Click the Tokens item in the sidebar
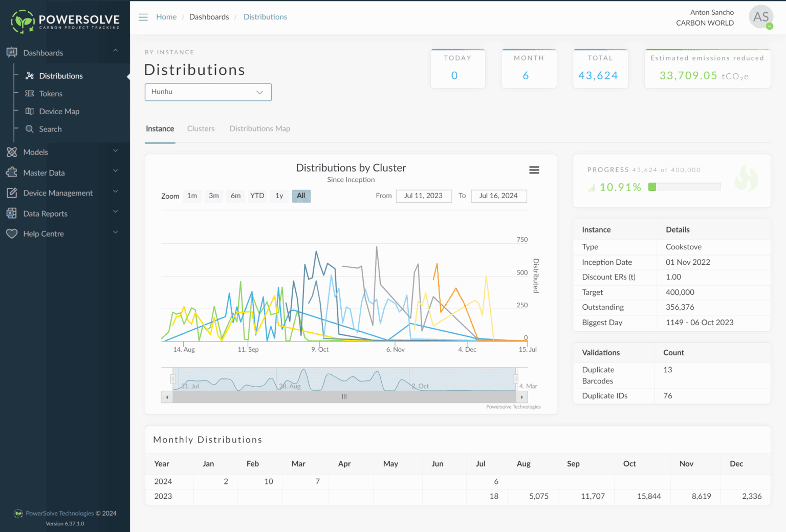[x=51, y=94]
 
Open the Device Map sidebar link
[x=59, y=112]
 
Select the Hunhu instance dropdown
[x=208, y=92]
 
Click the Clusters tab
[x=201, y=129]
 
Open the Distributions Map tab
[x=259, y=129]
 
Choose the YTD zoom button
[x=257, y=196]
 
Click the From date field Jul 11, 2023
[x=423, y=196]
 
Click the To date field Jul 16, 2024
[x=498, y=196]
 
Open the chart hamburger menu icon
[x=534, y=170]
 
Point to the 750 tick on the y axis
[x=522, y=240]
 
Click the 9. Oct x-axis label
[x=320, y=350]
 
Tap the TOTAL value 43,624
[x=598, y=76]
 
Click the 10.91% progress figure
[x=620, y=187]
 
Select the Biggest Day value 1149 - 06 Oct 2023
[x=699, y=323]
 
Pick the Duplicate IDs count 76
[x=668, y=396]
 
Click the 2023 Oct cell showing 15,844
[x=648, y=496]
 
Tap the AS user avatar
[x=760, y=17]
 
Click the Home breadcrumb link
[x=166, y=17]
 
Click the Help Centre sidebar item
[x=43, y=234]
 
